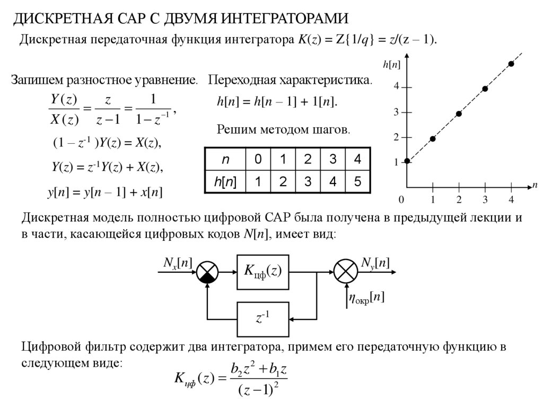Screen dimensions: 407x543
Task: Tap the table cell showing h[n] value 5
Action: tap(358, 182)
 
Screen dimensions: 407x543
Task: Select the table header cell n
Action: tap(225, 159)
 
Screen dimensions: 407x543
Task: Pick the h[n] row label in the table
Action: tap(225, 182)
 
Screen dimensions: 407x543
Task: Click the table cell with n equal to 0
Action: tap(258, 159)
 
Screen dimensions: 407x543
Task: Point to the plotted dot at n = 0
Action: tap(407, 161)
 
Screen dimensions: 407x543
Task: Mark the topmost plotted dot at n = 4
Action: tap(511, 64)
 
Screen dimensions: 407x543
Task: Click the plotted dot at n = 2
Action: tap(459, 114)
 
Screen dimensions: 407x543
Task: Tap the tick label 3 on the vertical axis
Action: tap(396, 112)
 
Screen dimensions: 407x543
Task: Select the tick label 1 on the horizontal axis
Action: tap(433, 200)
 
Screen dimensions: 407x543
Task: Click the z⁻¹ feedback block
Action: tap(263, 319)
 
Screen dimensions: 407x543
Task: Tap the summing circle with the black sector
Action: tap(207, 272)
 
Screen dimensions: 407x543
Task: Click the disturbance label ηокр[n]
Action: tap(366, 299)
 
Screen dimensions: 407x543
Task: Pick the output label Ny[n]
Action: tap(375, 262)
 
